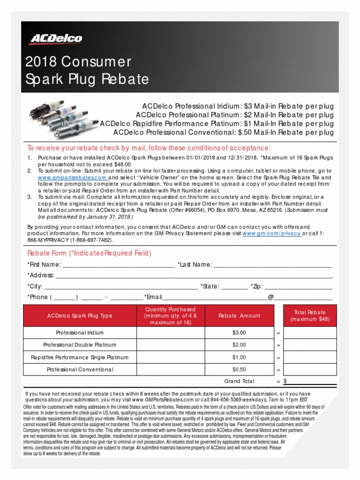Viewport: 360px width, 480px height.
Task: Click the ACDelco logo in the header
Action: [x=55, y=38]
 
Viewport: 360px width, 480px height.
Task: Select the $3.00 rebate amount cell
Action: [x=239, y=332]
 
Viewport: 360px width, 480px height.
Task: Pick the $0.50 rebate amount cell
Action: [x=239, y=369]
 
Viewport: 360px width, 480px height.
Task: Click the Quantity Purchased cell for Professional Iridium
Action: [x=170, y=332]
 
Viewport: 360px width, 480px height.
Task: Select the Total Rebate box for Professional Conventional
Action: [x=310, y=369]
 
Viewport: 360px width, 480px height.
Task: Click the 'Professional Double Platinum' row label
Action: [x=80, y=345]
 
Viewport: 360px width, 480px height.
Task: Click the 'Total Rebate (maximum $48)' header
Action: [x=310, y=315]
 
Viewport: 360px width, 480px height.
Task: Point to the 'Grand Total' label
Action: [x=239, y=381]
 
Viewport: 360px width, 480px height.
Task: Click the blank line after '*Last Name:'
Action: [x=273, y=265]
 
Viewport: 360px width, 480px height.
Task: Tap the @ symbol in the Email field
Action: [x=270, y=297]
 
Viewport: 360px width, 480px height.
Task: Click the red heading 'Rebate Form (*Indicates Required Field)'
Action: [x=90, y=254]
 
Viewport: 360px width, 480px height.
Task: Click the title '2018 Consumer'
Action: [x=78, y=62]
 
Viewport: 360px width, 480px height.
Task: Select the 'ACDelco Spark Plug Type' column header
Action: [x=80, y=315]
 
